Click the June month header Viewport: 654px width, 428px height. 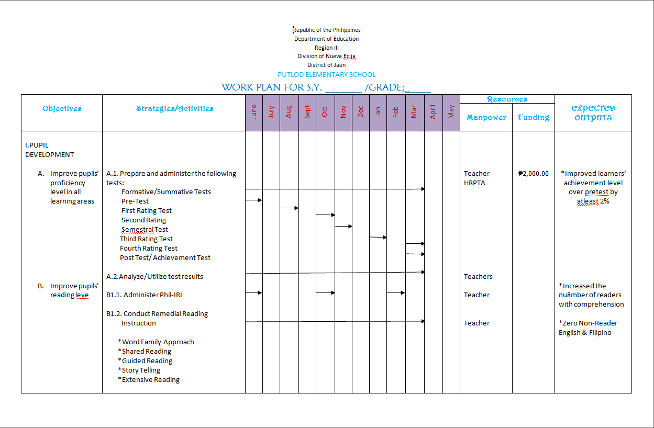[x=254, y=112]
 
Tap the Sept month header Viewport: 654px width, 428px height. [x=307, y=112]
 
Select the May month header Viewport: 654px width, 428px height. [x=451, y=112]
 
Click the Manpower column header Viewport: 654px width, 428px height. [x=486, y=117]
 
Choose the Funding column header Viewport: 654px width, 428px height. [x=534, y=117]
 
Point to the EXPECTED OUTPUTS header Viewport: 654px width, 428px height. [x=593, y=113]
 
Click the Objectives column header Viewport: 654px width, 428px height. [x=62, y=108]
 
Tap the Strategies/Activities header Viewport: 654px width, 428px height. [x=174, y=108]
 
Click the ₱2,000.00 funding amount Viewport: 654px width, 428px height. [x=533, y=174]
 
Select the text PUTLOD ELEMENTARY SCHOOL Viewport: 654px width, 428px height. [x=327, y=75]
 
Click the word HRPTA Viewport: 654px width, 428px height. [x=474, y=183]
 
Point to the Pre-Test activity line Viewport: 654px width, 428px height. [x=135, y=201]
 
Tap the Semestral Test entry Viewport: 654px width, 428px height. [x=145, y=230]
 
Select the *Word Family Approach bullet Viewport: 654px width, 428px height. [x=156, y=342]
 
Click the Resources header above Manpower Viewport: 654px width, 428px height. [x=507, y=99]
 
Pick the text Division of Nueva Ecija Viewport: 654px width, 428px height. [x=327, y=56]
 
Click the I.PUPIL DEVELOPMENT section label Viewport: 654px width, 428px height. [x=49, y=150]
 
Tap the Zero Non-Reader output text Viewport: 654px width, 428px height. [x=588, y=323]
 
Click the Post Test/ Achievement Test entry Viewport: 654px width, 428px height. [x=165, y=258]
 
